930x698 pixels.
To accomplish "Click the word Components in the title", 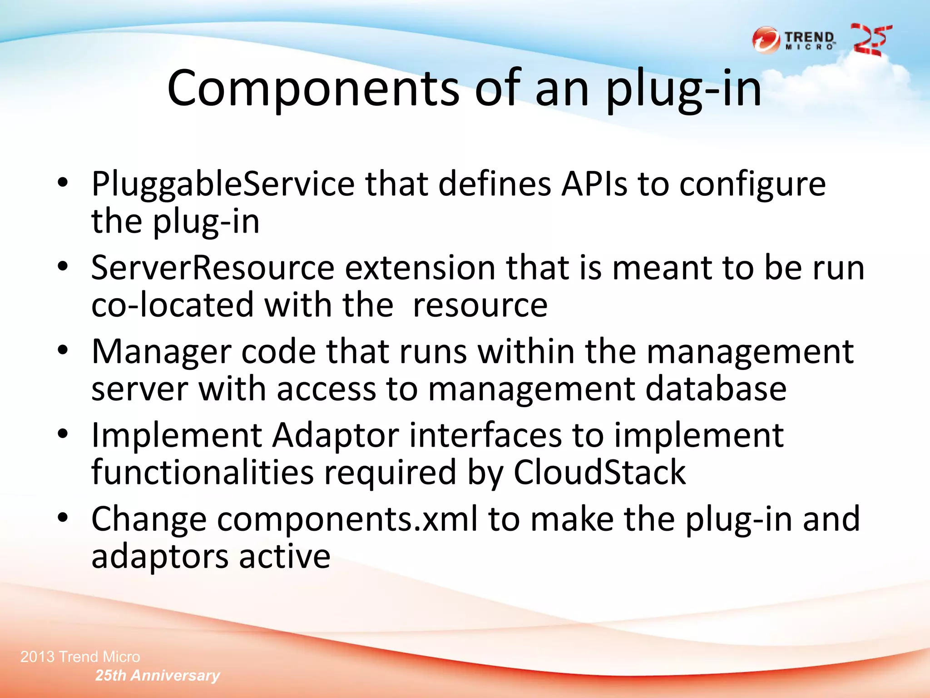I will coord(313,89).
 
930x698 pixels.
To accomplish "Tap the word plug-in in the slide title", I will coord(683,89).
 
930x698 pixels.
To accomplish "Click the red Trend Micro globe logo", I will coord(766,40).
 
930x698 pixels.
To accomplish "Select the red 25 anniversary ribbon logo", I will coord(871,40).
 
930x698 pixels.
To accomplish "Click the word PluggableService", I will coord(223,184).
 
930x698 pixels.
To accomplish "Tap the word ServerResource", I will coord(213,268).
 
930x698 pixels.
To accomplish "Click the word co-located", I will coord(173,305).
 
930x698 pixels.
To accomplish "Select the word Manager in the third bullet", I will coord(161,352).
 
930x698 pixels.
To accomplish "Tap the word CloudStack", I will coord(599,473).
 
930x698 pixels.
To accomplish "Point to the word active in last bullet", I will coord(285,556).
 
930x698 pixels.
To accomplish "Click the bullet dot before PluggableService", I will coord(63,183).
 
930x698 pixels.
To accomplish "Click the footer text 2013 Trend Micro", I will coord(80,657).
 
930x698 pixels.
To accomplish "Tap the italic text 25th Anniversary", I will coord(158,675).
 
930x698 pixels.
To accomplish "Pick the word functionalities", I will coord(203,473).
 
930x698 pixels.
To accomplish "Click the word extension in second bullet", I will coord(420,268).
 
